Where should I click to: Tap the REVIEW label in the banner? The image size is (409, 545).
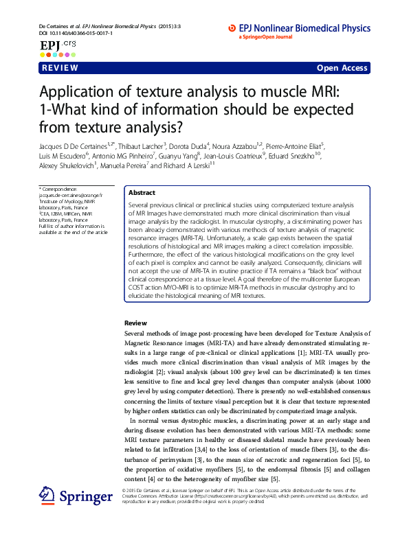pos(60,68)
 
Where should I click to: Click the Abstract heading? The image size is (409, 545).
pos(142,194)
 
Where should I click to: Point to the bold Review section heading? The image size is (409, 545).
pos(135,323)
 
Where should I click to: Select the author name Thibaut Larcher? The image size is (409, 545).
pos(146,146)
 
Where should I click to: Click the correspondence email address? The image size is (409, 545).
pos(71,195)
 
